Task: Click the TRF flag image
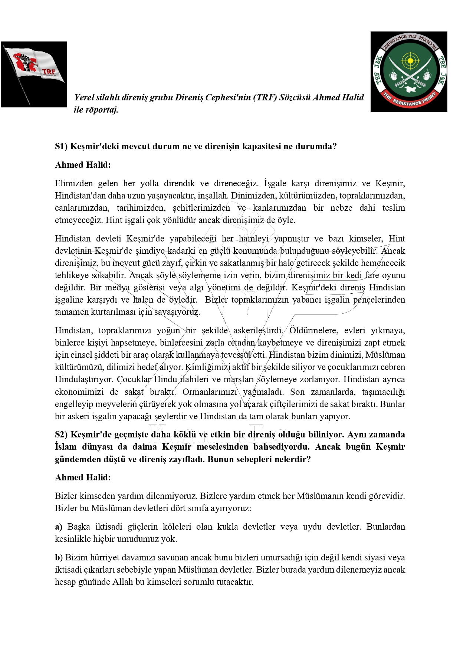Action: coord(34,74)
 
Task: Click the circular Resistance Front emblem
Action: coord(409,71)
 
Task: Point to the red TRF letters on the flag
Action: coord(49,71)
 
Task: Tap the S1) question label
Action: coord(61,146)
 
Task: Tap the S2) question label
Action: coord(61,434)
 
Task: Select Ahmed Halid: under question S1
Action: coord(83,165)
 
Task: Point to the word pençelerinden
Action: coord(379,300)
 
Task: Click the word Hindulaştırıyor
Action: coord(83,379)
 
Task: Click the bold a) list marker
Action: coord(59,527)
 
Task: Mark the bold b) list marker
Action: coord(59,557)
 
